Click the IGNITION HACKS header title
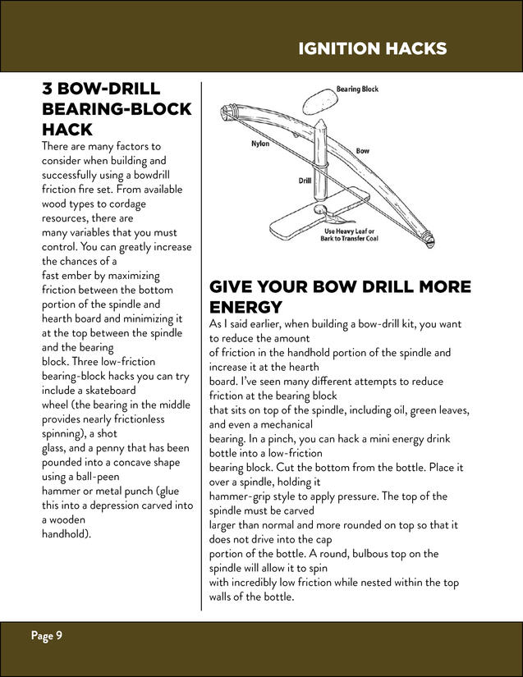point(372,48)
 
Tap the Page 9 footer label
point(47,636)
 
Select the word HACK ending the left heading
point(67,130)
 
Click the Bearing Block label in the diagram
point(357,89)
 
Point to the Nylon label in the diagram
point(259,144)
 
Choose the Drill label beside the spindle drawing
point(304,181)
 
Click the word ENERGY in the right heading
point(245,307)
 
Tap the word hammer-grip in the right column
point(240,496)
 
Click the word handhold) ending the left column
point(66,533)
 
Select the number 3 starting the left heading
point(48,89)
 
